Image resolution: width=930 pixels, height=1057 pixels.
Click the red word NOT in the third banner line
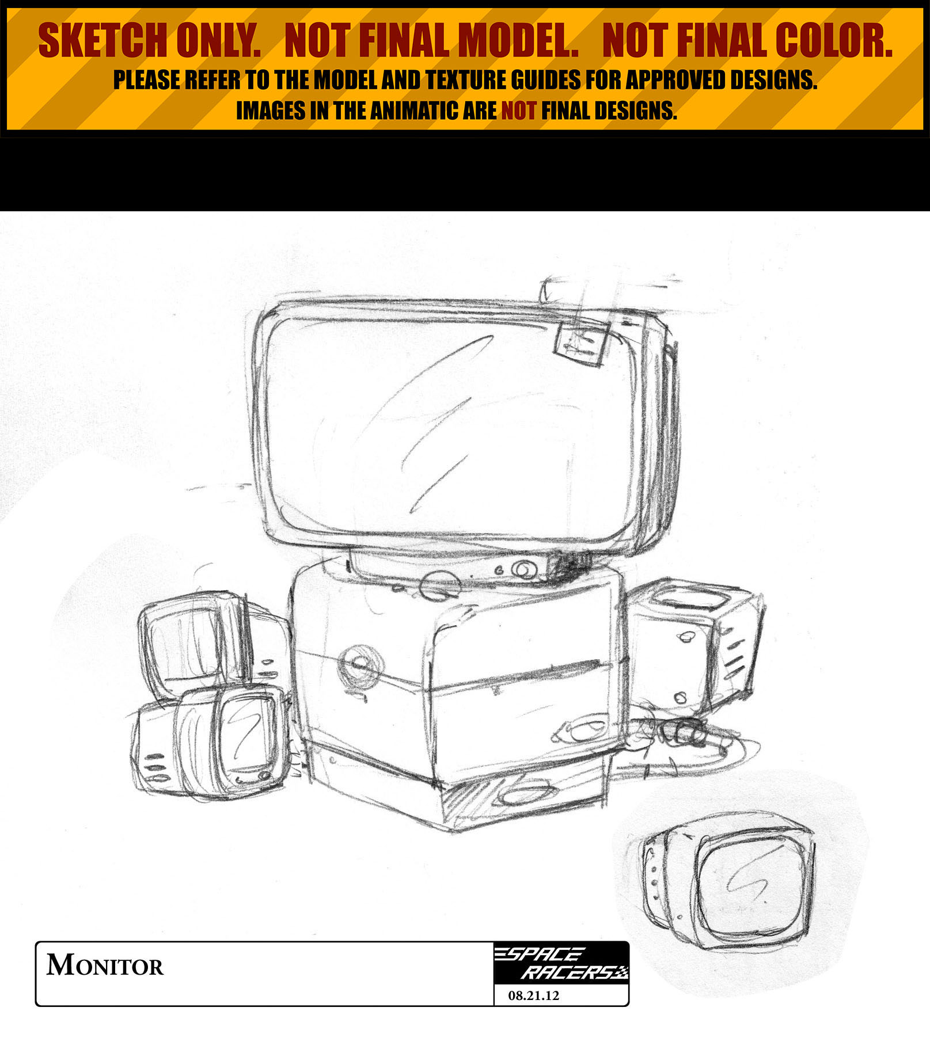point(519,111)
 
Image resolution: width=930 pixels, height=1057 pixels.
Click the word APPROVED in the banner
point(676,80)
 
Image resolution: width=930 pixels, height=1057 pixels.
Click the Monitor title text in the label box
point(105,965)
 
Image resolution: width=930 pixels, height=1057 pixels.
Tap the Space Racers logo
point(561,963)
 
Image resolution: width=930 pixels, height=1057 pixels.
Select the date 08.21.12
point(534,995)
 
